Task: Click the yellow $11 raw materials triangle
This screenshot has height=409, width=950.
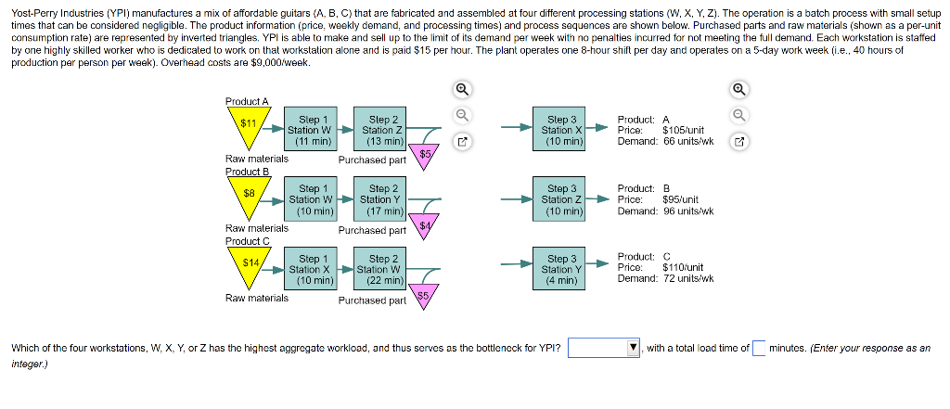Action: pyautogui.click(x=248, y=125)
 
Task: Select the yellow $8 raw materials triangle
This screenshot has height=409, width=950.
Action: pyautogui.click(x=248, y=196)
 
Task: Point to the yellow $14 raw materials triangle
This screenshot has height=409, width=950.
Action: pyautogui.click(x=250, y=265)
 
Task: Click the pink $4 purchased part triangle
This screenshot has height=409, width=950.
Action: pyautogui.click(x=425, y=226)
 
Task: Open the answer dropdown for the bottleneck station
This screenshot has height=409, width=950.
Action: pyautogui.click(x=605, y=349)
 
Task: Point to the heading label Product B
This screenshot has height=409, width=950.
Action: pyautogui.click(x=247, y=172)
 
